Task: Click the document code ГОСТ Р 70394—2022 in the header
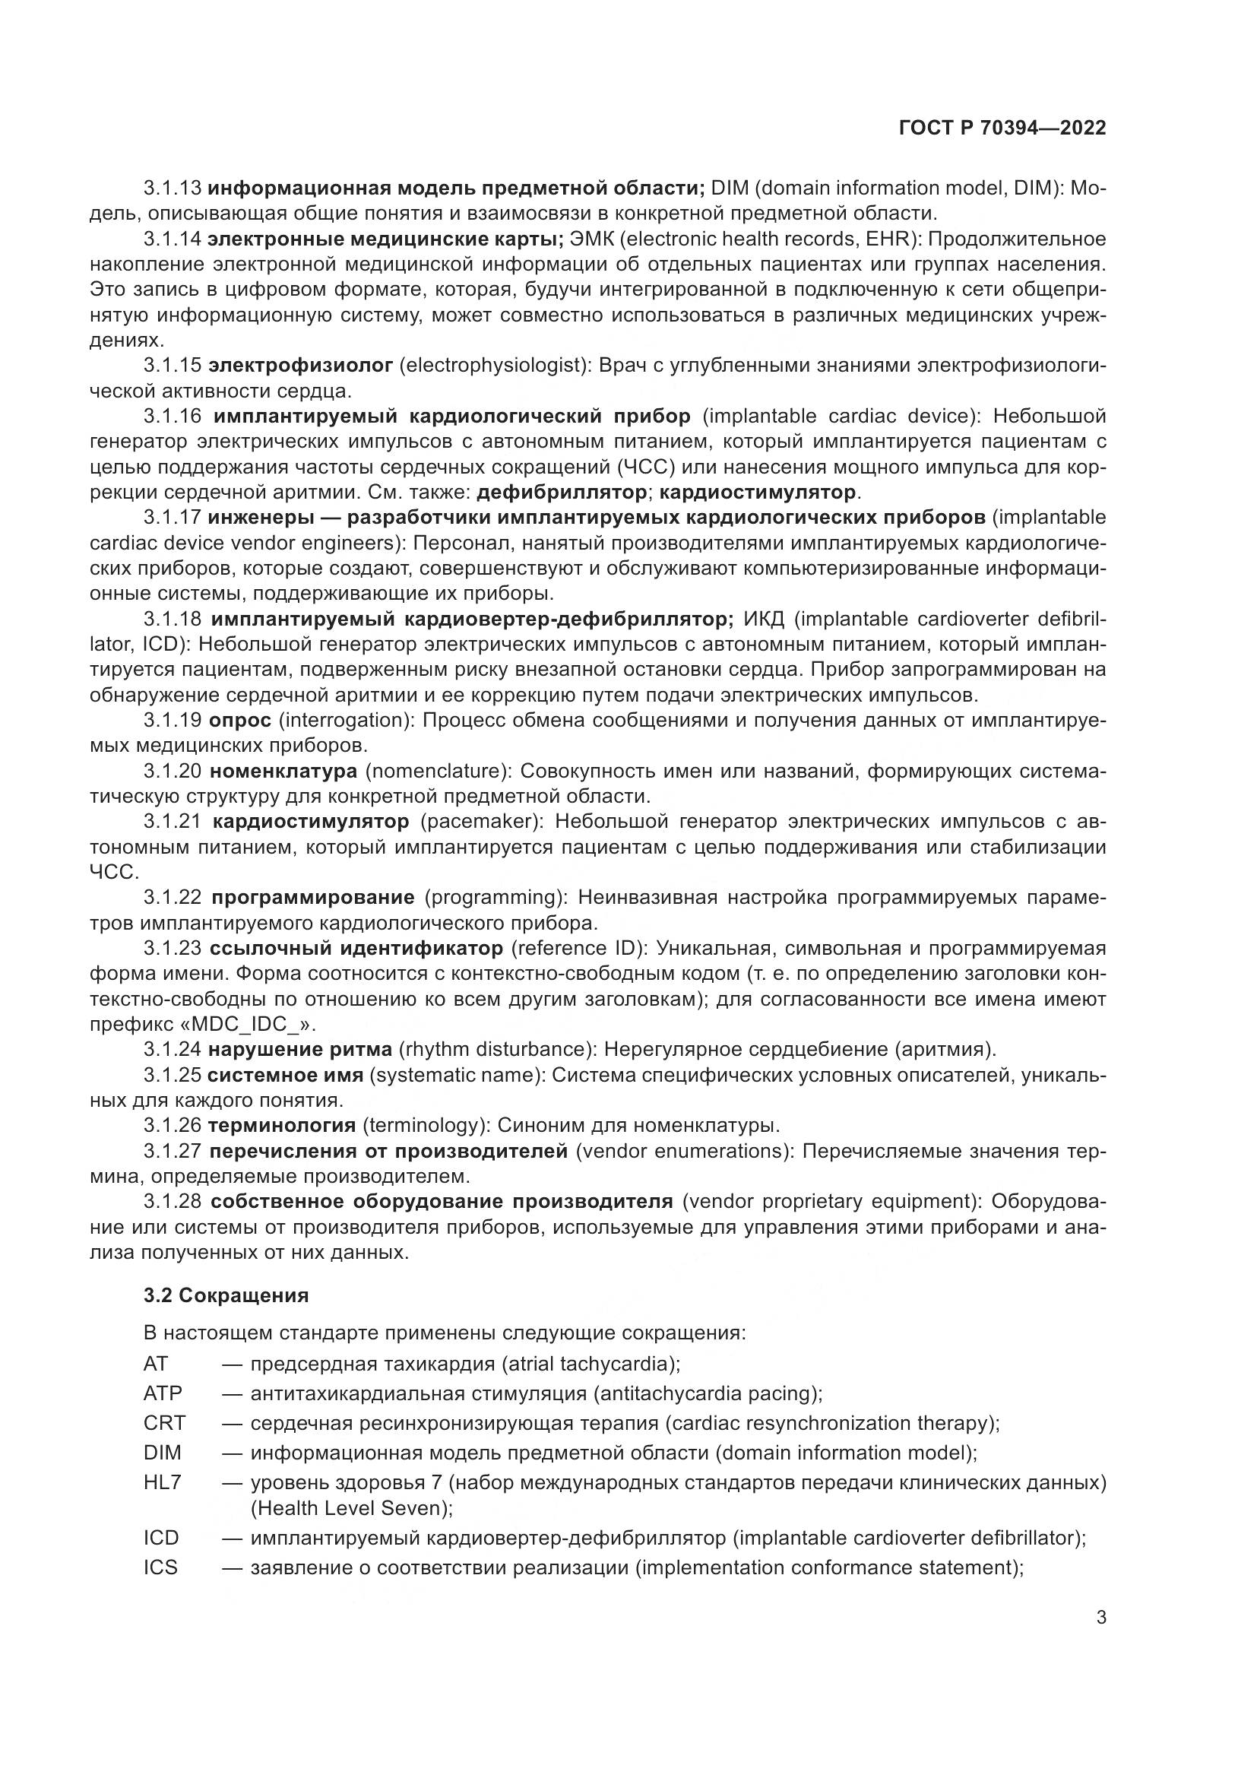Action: [1002, 128]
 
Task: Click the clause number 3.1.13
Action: [172, 189]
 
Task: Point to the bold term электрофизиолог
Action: [301, 365]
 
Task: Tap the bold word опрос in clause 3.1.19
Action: [240, 720]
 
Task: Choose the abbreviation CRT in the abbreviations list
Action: [164, 1422]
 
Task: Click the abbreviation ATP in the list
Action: [163, 1393]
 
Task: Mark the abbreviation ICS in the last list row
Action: [160, 1567]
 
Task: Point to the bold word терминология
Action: [282, 1125]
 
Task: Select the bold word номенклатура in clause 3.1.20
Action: [283, 771]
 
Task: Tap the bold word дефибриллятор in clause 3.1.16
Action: [562, 492]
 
